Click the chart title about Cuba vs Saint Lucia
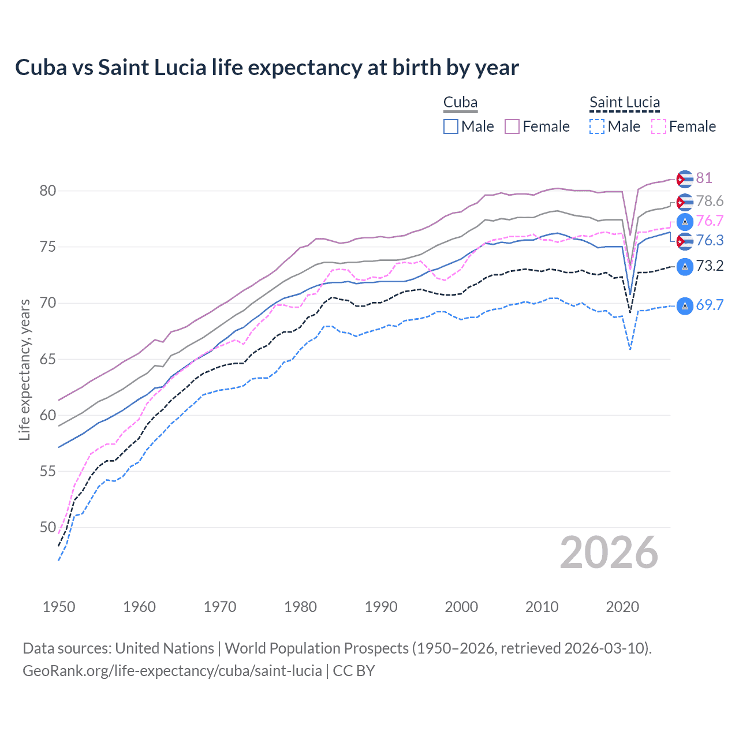click(267, 68)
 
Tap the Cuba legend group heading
click(460, 103)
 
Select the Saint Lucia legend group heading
click(624, 103)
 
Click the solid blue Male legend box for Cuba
click(451, 126)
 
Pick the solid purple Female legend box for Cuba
click(512, 126)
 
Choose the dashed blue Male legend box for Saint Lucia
click(597, 126)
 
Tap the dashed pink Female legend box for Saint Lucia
click(658, 126)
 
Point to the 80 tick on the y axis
click(48, 191)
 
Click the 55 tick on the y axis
click(48, 471)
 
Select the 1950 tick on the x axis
click(59, 607)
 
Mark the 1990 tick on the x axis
click(381, 607)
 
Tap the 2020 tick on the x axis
click(622, 607)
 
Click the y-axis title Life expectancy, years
click(24, 369)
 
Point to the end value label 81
click(704, 178)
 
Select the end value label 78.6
click(710, 201)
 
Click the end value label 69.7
click(710, 305)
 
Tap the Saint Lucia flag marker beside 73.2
click(685, 266)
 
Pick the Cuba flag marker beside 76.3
click(685, 241)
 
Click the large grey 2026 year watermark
click(609, 553)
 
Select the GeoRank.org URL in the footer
click(172, 671)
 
